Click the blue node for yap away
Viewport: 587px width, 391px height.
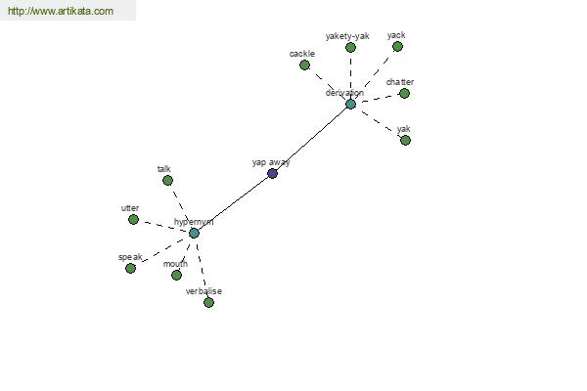[x=272, y=173]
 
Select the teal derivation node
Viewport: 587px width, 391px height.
[x=350, y=104]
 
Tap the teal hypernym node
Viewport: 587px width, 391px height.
[x=194, y=233]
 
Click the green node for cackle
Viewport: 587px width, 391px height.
[x=304, y=65]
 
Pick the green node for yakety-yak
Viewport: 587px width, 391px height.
[x=350, y=47]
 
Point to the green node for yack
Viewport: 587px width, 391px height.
[x=397, y=46]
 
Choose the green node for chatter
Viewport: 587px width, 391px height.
[x=404, y=94]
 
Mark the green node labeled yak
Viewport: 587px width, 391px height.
[x=405, y=140]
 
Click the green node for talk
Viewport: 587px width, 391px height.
[x=167, y=180]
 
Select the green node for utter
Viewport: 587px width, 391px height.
[x=133, y=219]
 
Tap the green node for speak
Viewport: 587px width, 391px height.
[x=130, y=268]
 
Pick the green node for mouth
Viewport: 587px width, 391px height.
[x=176, y=275]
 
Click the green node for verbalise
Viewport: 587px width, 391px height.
[x=208, y=302]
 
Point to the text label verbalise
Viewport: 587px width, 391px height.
[x=204, y=291]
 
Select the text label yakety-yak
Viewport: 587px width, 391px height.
[x=348, y=36]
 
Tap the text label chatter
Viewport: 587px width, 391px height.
[x=399, y=82]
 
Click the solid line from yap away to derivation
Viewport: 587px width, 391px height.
[x=311, y=139]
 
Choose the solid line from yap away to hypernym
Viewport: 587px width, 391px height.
[x=233, y=203]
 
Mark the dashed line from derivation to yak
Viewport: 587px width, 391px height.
[x=379, y=122]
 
